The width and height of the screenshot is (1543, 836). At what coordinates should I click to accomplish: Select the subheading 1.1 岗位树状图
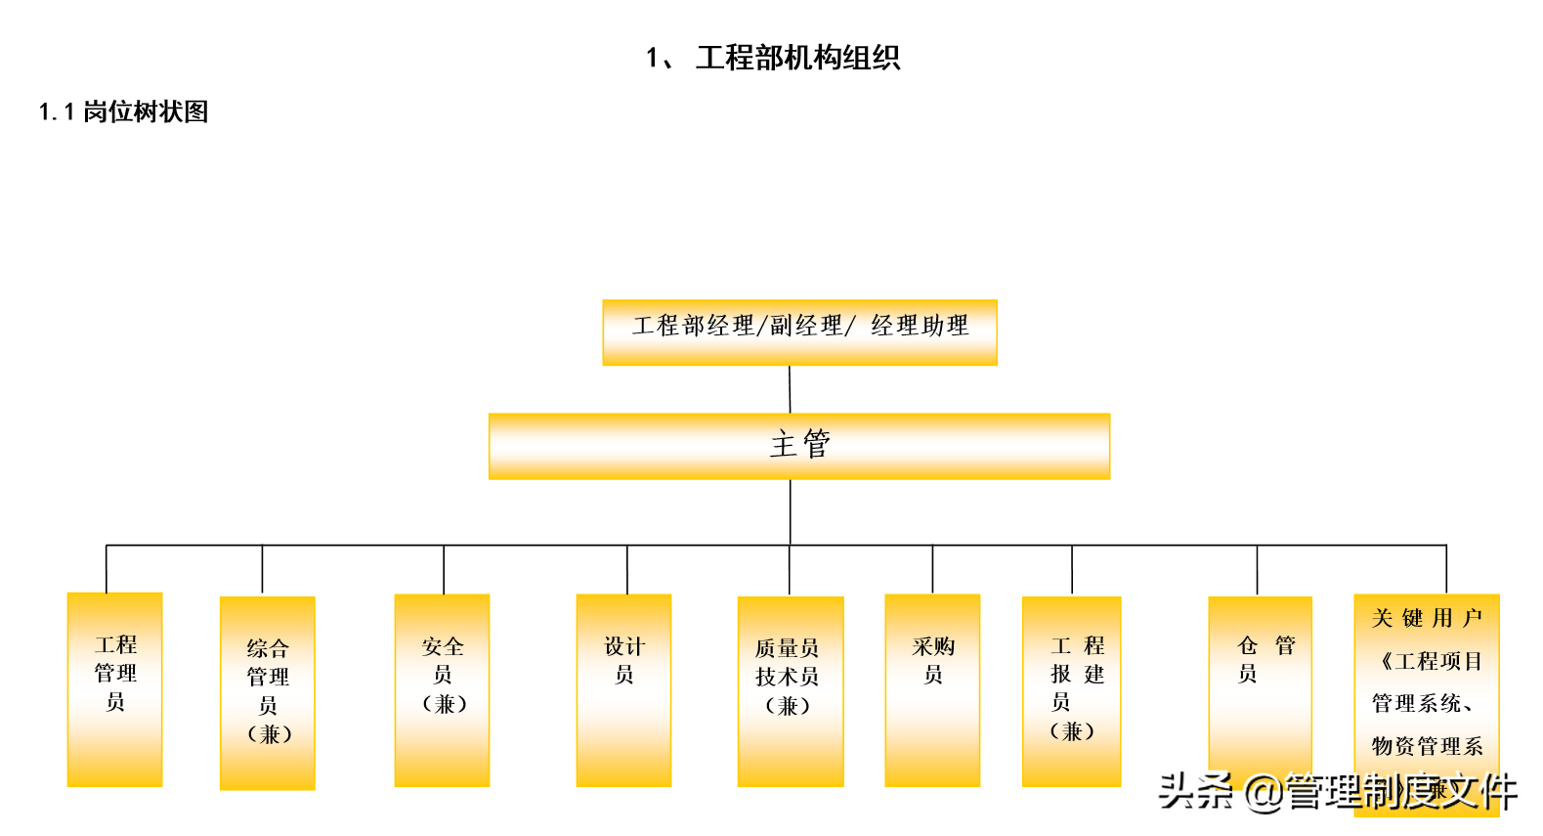click(x=124, y=112)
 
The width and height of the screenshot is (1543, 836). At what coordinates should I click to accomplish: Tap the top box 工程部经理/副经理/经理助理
click(x=799, y=332)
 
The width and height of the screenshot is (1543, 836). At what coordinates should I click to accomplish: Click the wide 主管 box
click(x=799, y=446)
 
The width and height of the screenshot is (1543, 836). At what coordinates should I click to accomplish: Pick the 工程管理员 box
click(x=114, y=689)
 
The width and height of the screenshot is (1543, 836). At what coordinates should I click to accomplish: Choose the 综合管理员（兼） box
click(x=268, y=692)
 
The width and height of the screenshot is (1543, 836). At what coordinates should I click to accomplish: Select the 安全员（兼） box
click(x=442, y=690)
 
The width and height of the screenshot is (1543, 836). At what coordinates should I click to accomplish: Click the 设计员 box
click(x=623, y=690)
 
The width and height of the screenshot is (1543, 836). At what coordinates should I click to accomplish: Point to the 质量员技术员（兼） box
click(x=790, y=691)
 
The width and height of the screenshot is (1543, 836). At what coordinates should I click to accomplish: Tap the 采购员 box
click(x=932, y=690)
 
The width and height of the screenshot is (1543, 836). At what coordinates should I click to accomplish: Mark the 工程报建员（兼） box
click(x=1071, y=691)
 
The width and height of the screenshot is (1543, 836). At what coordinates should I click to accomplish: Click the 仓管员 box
click(x=1260, y=684)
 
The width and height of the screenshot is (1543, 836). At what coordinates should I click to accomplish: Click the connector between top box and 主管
click(x=790, y=389)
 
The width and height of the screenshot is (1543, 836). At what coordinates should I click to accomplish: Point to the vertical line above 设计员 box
click(x=627, y=569)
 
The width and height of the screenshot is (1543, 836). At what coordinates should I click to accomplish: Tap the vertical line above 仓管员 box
click(x=1257, y=570)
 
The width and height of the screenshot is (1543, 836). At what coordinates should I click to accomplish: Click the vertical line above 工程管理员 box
click(x=107, y=568)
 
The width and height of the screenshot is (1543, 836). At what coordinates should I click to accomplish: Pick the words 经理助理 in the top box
click(x=920, y=326)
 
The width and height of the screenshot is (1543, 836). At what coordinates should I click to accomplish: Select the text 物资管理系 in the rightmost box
click(x=1427, y=747)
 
